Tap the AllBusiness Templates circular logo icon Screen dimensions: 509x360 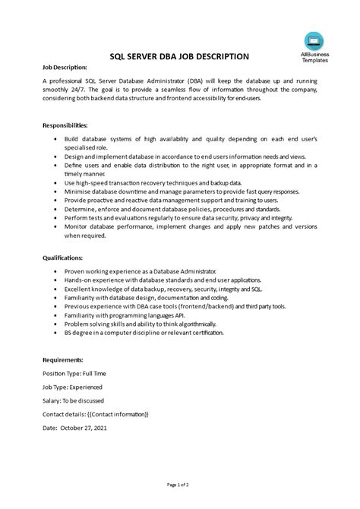point(312,42)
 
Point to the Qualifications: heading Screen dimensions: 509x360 point(65,258)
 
